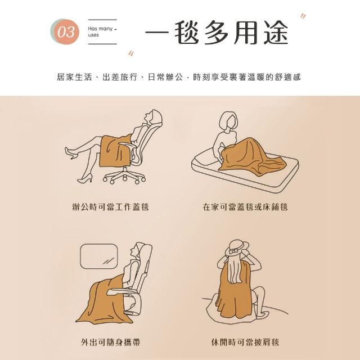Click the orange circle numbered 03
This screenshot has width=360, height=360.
[x=66, y=32]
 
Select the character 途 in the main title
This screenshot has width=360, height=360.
[x=276, y=32]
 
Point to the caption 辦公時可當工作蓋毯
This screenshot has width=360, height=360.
[x=110, y=207]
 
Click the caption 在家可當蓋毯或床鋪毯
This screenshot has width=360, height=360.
[x=245, y=207]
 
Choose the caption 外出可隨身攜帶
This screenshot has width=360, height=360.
[x=110, y=342]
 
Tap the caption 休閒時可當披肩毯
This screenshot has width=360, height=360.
[x=245, y=342]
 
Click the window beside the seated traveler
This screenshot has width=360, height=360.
[x=99, y=256]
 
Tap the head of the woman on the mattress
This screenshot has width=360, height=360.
[x=228, y=121]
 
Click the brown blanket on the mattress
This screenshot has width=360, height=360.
[x=250, y=156]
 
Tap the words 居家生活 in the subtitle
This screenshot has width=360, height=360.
[x=74, y=77]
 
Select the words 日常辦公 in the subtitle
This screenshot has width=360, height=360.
[x=165, y=77]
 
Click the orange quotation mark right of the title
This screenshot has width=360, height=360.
[x=303, y=17]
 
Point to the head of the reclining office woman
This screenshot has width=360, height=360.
[x=153, y=116]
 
